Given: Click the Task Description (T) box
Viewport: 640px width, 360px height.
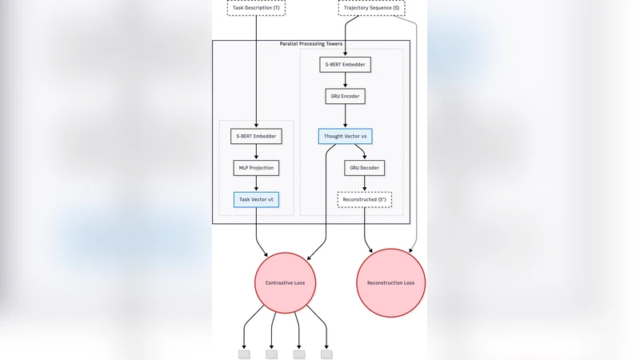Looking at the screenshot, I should click(256, 8).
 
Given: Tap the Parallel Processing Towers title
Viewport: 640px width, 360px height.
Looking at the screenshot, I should click(311, 44).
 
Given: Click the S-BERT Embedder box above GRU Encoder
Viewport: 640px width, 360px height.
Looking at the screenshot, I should click(346, 64).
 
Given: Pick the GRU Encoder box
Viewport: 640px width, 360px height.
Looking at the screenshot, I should click(346, 96).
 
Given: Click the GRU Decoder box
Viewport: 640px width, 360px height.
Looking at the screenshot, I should click(365, 168).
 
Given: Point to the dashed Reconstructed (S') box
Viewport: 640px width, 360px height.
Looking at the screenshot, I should click(365, 199).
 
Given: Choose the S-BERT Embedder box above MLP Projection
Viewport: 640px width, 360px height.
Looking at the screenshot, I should click(256, 136).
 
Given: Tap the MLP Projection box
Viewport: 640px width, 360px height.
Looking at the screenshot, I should click(256, 168).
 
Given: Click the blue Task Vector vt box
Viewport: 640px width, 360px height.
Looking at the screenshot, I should click(256, 199).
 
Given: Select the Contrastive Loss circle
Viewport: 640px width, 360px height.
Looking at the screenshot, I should click(286, 283).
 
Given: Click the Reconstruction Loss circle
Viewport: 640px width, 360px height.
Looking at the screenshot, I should click(390, 283).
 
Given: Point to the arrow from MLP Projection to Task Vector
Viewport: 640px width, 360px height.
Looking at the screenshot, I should click(256, 183).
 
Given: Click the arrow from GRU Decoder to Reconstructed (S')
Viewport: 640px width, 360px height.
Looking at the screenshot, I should click(365, 183).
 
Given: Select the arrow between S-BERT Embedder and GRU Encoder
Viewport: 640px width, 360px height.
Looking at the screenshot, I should click(346, 80).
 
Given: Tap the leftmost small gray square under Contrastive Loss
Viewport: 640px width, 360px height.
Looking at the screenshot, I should click(244, 354).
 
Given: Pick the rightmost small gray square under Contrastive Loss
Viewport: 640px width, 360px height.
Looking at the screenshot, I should click(326, 354).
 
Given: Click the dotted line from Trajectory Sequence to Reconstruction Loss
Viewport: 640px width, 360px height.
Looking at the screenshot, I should click(417, 160).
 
